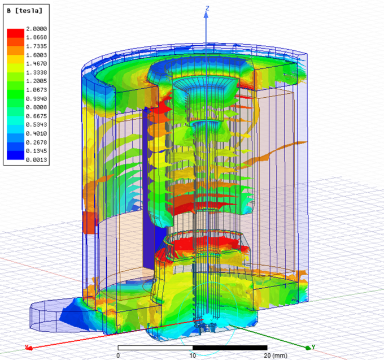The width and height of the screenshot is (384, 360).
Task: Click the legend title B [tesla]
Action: pos(24,11)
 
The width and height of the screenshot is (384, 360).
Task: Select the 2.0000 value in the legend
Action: pos(37,29)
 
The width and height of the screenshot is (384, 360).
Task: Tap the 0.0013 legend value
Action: pos(37,160)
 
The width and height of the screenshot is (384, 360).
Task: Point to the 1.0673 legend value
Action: pos(37,90)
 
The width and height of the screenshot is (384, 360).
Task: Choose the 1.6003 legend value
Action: pos(37,55)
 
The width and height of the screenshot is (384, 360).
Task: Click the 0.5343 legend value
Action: pos(37,125)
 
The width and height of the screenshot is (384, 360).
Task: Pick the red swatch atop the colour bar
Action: pos(15,33)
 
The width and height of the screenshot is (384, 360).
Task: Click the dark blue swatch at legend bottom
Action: pos(15,155)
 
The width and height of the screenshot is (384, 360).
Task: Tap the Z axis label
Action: pos(207,8)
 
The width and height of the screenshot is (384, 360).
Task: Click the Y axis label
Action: pos(313,347)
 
